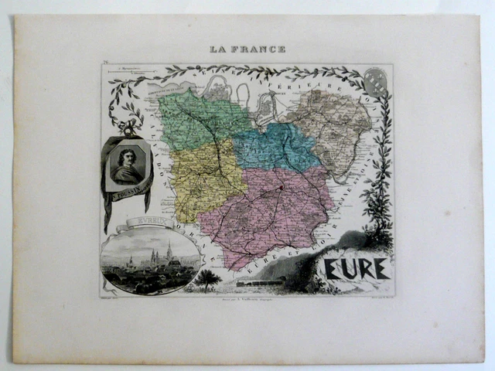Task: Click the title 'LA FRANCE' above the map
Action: (247, 49)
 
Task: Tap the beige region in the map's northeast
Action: (333, 124)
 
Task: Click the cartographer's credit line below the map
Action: (247, 296)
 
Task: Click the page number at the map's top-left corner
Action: (104, 68)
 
